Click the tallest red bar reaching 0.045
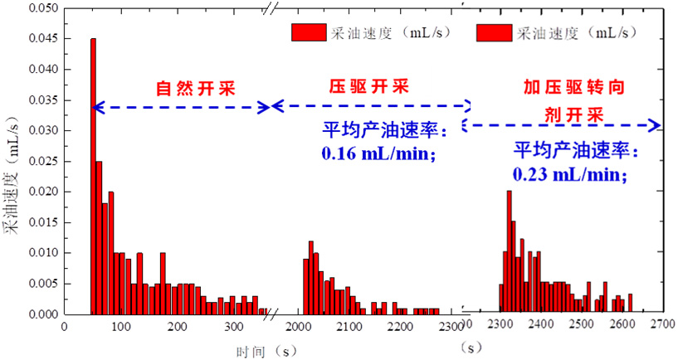pos(93,176)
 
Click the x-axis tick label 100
pos(121,326)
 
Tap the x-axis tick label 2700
pos(661,326)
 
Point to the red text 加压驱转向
pos(573,85)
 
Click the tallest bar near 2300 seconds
pos(509,252)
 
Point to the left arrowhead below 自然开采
pos(96,107)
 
